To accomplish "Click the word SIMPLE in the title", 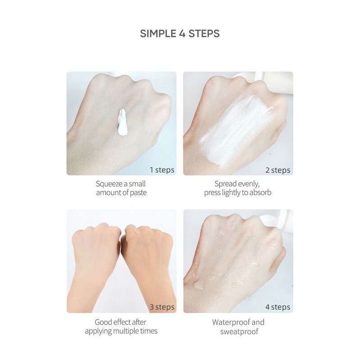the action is (x=158, y=33).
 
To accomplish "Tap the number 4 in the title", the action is (x=182, y=33).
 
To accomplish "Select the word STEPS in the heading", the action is (x=204, y=33).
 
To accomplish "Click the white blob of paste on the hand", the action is (x=122, y=122).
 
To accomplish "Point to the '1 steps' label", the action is (x=162, y=170).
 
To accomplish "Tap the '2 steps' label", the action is (x=278, y=170).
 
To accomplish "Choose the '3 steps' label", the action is (x=162, y=307).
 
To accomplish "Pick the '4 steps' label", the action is (x=278, y=307).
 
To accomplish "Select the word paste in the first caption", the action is (x=138, y=193).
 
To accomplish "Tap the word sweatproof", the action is (x=239, y=332).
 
